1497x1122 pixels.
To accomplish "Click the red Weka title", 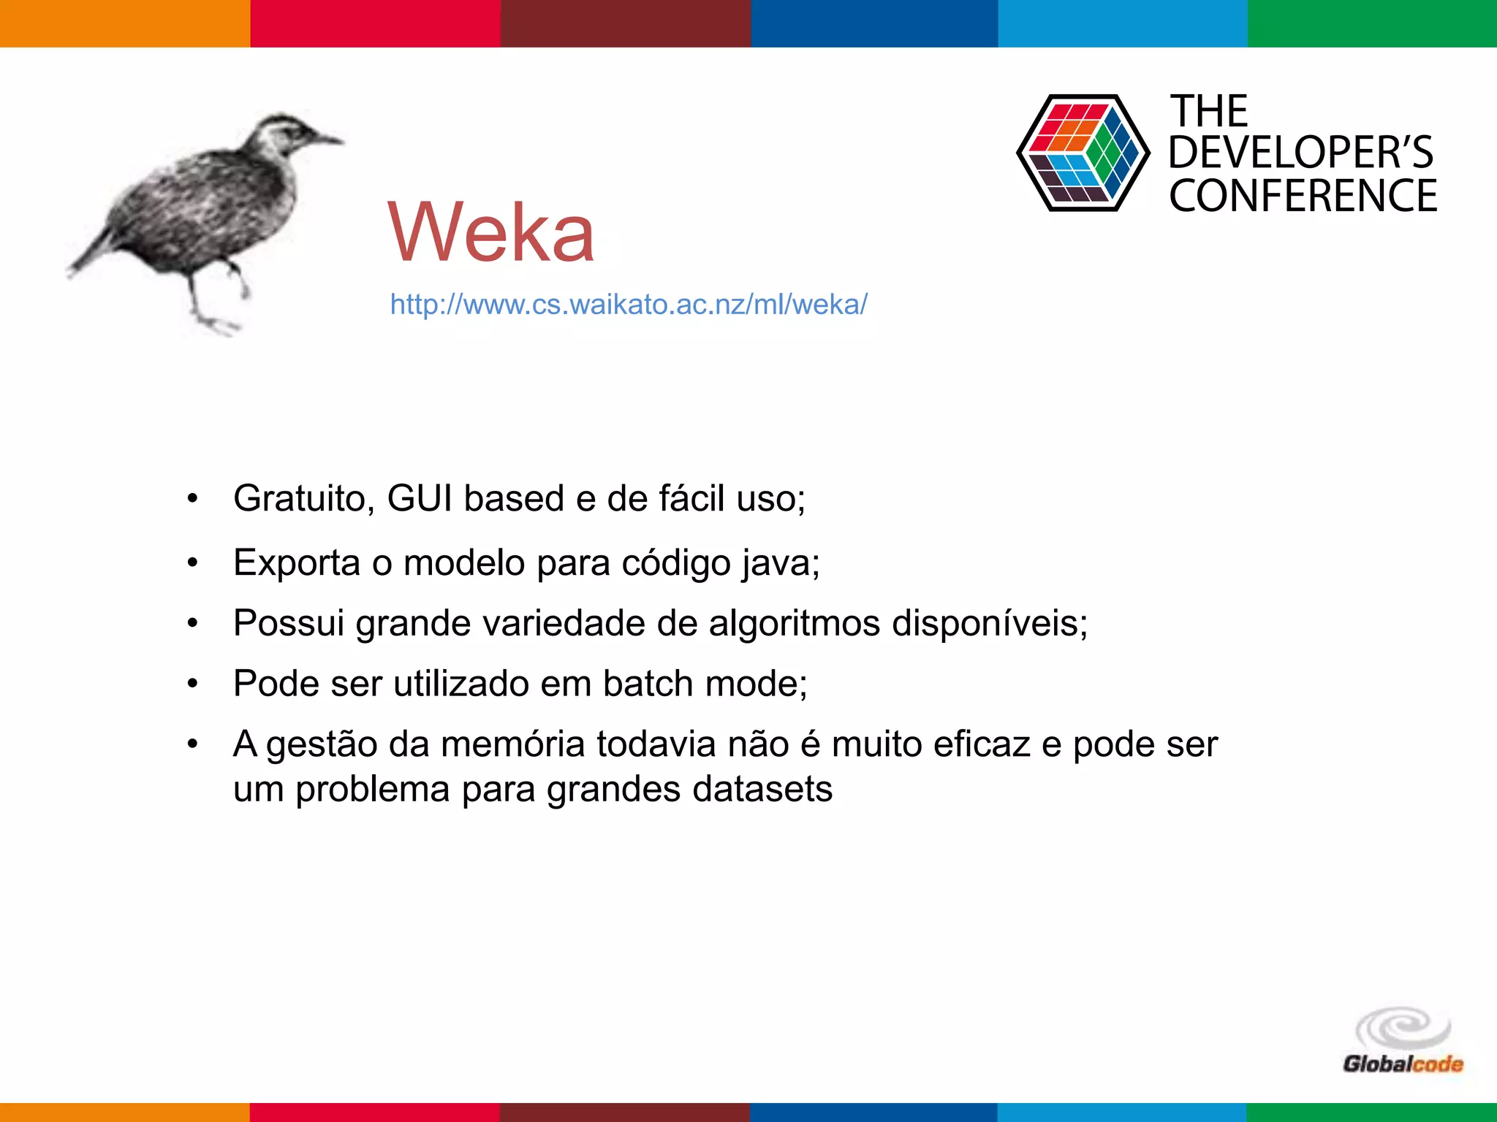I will [x=491, y=232].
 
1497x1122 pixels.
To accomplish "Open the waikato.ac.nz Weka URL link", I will [x=629, y=304].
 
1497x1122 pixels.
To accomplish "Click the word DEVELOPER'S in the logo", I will [x=1301, y=153].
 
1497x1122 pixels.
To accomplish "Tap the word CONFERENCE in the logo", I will [x=1303, y=196].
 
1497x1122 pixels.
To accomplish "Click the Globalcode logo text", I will [x=1403, y=1064].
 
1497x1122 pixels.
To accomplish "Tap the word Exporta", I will [x=297, y=563].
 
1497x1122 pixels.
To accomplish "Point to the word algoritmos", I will [x=794, y=624].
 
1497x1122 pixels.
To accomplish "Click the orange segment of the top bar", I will [x=124, y=23].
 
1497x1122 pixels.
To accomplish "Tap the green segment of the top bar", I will [x=1372, y=23].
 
